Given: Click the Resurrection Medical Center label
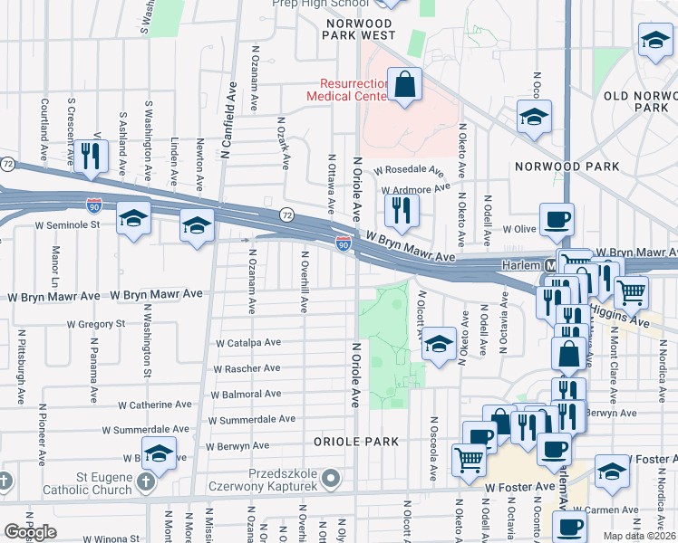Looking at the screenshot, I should pyautogui.click(x=348, y=89).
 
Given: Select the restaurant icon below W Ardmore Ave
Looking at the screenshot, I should pyautogui.click(x=401, y=211).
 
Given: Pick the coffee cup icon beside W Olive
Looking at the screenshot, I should pyautogui.click(x=557, y=219).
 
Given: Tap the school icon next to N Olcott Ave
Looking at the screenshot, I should pyautogui.click(x=438, y=344).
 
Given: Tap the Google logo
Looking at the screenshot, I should pyautogui.click(x=32, y=531).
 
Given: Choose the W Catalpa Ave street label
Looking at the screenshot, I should pyautogui.click(x=248, y=344).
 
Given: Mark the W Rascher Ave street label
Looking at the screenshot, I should pyautogui.click(x=247, y=369).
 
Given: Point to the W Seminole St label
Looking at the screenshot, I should pyautogui.click(x=72, y=225).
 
